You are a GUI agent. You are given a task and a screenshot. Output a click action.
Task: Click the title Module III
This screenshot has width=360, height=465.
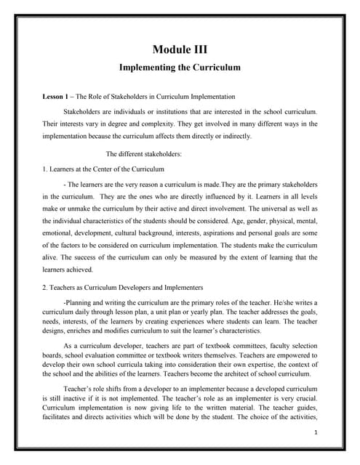[180, 49]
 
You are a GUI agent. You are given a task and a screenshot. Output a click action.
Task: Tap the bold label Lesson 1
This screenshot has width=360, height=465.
[57, 97]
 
